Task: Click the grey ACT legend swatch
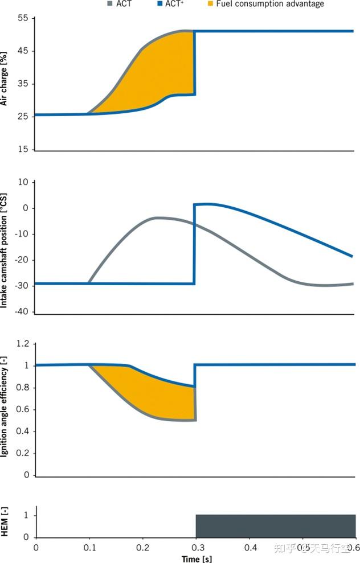click(x=110, y=4)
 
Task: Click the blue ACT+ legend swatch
click(x=162, y=4)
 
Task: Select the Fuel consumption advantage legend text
click(x=270, y=4)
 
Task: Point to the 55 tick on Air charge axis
click(x=23, y=18)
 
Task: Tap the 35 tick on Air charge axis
click(x=23, y=84)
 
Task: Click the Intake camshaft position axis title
click(x=5, y=248)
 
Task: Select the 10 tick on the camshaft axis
click(x=23, y=182)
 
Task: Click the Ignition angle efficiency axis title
click(x=5, y=409)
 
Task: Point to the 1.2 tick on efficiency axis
click(x=22, y=344)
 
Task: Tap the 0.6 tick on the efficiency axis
click(x=22, y=409)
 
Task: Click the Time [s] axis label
click(x=196, y=558)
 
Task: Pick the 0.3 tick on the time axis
click(x=196, y=547)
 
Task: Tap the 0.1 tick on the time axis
click(x=89, y=547)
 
